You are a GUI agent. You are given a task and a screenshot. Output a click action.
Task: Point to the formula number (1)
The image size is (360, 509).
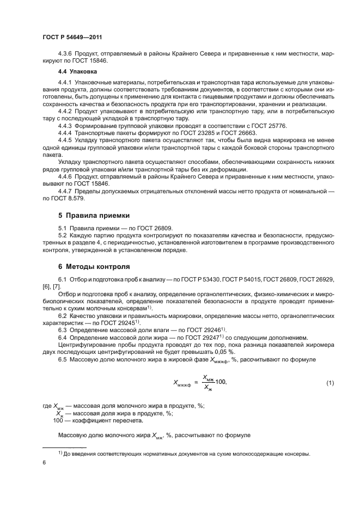point(330,384)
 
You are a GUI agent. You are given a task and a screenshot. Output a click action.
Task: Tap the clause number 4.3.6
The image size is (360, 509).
point(67,54)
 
